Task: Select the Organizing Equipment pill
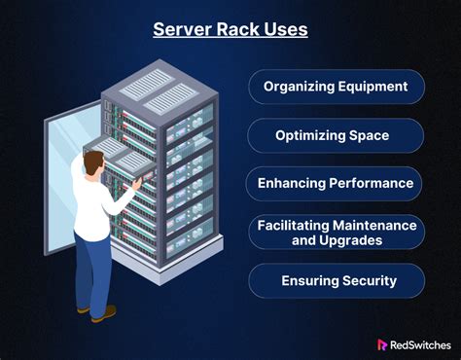335,86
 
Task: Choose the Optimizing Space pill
335,134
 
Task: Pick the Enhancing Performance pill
335,183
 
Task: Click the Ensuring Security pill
336,280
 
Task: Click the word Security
367,280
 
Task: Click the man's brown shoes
102,313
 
